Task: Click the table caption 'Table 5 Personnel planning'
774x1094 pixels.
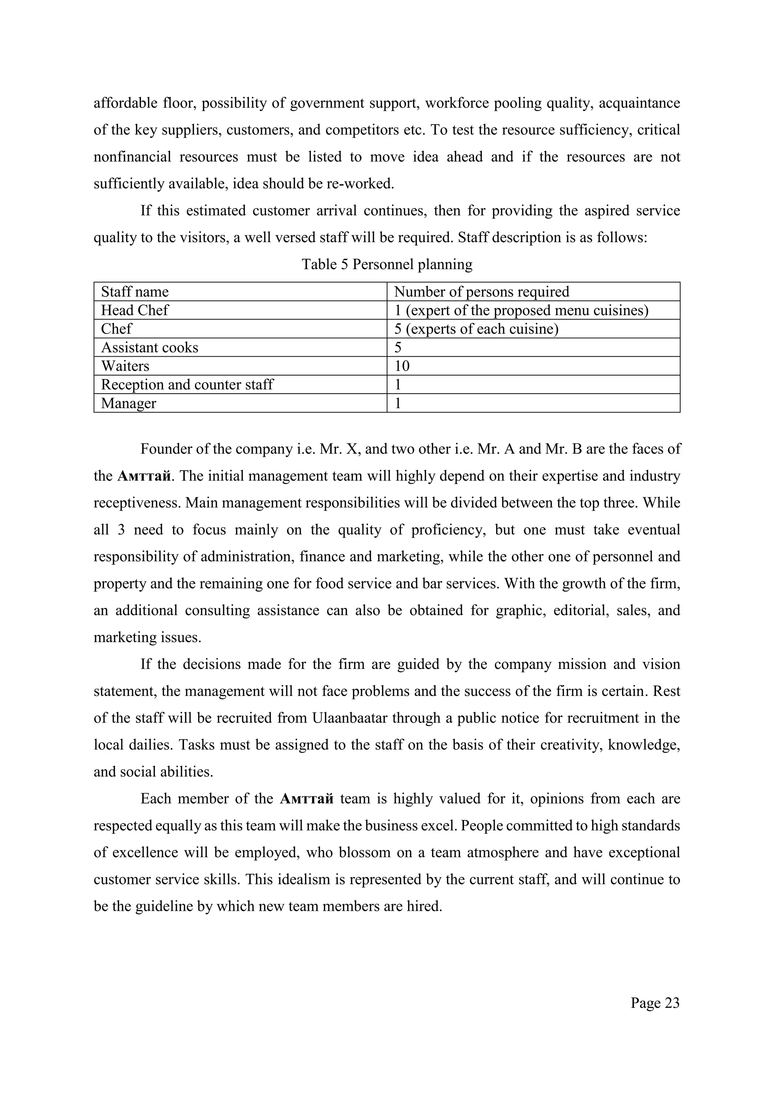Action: (x=387, y=264)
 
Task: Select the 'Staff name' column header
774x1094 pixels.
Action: (x=135, y=292)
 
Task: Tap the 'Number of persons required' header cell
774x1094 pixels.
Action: (x=481, y=292)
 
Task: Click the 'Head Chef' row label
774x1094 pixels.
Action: (x=135, y=310)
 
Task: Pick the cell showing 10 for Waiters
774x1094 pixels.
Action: (x=402, y=366)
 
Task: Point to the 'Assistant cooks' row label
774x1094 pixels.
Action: (x=150, y=348)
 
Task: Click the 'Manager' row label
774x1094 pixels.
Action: (x=128, y=403)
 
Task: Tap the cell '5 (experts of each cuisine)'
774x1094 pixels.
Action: (x=476, y=329)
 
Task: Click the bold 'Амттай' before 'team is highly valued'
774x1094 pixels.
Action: (x=307, y=799)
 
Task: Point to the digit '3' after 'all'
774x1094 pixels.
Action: (x=121, y=530)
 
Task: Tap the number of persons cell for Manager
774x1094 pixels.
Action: (x=398, y=403)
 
